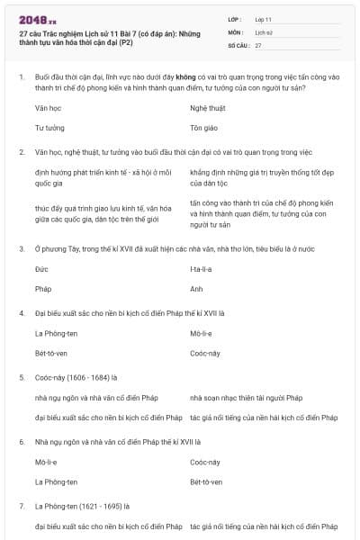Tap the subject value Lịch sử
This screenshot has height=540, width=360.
click(263, 31)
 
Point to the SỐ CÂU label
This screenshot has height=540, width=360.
click(238, 44)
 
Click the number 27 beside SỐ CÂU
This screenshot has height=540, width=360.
click(258, 44)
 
